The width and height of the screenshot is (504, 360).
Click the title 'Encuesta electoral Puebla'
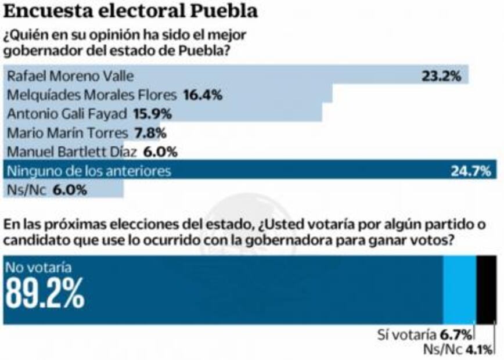point(131,12)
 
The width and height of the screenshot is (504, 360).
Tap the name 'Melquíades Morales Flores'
point(92,95)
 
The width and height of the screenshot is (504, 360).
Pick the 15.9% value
point(153,114)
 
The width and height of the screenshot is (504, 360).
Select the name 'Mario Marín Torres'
point(66,133)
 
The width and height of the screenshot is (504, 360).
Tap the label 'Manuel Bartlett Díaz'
point(71,152)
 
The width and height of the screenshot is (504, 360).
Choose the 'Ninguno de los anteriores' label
point(88,171)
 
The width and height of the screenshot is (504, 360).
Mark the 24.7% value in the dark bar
point(471,171)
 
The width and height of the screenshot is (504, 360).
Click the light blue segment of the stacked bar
point(459,289)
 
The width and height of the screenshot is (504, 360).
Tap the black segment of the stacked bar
point(487,289)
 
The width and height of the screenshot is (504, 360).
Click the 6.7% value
point(455,334)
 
